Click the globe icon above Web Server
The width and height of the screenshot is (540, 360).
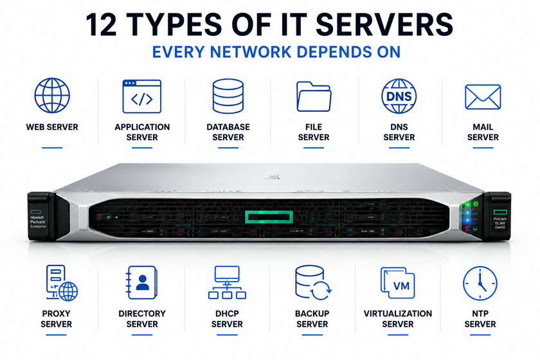point(52,95)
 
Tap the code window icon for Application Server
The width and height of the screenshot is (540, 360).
point(142,96)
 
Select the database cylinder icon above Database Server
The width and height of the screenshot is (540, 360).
point(228,96)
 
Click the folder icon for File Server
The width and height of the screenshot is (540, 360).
point(314,96)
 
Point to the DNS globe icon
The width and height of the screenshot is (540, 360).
point(399,96)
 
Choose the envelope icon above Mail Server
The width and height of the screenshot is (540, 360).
point(483,97)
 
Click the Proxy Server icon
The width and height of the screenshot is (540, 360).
point(62,283)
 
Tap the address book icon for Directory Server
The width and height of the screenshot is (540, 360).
point(141,282)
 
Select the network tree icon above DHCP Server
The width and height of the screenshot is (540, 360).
point(227,282)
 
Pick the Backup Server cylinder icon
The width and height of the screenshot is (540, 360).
point(312,282)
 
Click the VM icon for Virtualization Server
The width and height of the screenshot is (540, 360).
point(398,283)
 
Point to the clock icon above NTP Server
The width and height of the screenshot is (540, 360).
point(480,283)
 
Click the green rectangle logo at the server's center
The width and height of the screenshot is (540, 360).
point(269,217)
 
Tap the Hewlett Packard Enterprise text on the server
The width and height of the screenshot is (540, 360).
point(37,222)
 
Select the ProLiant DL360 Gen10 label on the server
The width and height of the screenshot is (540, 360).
point(500,223)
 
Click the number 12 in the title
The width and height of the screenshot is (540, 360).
point(101,25)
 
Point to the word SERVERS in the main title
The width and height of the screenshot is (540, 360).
point(384,25)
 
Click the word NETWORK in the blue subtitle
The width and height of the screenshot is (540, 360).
point(251,52)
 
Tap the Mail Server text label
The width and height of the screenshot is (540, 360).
point(483,132)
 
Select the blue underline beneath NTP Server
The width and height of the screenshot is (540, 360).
point(480,334)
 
